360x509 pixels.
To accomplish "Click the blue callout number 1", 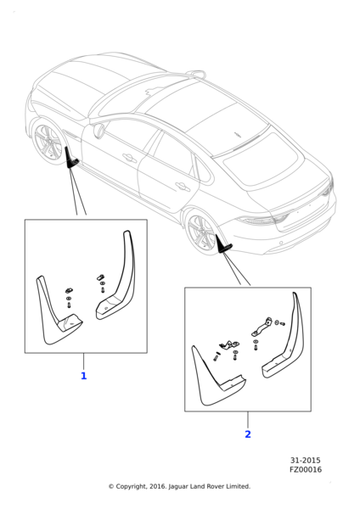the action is [x=83, y=376].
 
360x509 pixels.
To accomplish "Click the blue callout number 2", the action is [x=248, y=434].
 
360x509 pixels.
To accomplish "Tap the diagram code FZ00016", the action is [x=306, y=470].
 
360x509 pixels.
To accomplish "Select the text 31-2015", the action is [x=305, y=461].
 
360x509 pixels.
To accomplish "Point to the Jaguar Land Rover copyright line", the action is [x=179, y=486].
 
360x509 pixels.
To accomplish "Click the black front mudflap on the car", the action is [x=70, y=159].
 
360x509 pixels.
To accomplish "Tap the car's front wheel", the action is [x=48, y=143].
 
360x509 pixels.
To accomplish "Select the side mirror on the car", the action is [x=98, y=131].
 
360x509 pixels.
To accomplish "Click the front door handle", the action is [x=130, y=158].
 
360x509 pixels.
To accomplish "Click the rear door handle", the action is [x=183, y=187].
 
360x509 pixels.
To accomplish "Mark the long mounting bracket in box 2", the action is [x=262, y=327].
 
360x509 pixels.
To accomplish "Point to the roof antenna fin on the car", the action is [x=198, y=74].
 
